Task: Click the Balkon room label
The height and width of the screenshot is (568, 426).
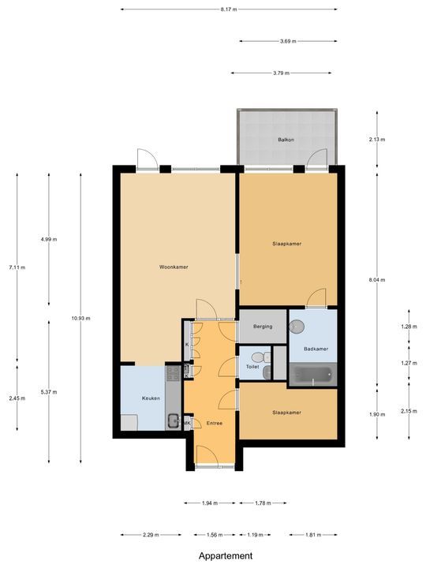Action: (286, 140)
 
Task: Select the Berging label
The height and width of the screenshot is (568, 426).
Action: (263, 326)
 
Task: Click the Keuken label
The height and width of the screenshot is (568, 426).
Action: (151, 398)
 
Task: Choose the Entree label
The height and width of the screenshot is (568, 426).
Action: (215, 424)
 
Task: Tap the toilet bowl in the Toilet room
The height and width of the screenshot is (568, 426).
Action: (267, 357)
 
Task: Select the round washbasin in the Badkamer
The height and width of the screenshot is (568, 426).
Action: (297, 324)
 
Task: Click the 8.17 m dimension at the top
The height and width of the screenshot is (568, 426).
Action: (230, 9)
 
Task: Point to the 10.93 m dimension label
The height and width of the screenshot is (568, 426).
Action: (80, 318)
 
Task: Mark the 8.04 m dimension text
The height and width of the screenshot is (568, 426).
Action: (376, 278)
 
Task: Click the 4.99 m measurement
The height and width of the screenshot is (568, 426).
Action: (48, 239)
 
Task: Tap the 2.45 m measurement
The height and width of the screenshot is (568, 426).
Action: (17, 398)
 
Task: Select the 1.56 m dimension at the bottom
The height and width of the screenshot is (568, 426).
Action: (214, 535)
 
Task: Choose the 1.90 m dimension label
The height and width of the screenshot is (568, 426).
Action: (376, 414)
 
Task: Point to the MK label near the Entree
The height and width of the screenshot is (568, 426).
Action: (188, 424)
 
